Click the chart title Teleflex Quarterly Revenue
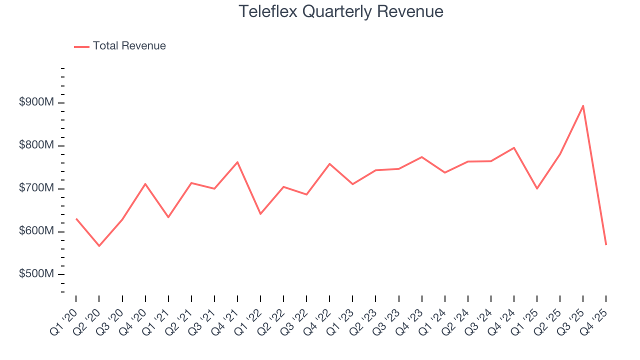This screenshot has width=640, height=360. (340, 11)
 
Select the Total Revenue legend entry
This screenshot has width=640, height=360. (120, 46)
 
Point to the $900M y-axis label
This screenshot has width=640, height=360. (36, 102)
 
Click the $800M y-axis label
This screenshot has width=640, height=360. (36, 145)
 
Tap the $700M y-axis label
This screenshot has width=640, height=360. (36, 188)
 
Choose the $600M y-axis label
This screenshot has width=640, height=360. (36, 231)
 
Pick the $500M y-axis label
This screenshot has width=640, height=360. (36, 274)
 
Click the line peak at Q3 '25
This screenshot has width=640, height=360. (583, 106)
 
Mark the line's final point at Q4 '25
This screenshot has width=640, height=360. (606, 244)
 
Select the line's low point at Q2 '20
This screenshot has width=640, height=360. (99, 246)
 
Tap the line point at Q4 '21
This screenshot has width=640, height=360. (237, 162)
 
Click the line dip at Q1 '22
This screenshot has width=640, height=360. (260, 214)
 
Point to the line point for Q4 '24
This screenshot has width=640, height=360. (514, 147)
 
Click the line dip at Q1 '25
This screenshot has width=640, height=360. (537, 188)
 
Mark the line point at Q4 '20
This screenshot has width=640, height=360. (145, 184)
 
